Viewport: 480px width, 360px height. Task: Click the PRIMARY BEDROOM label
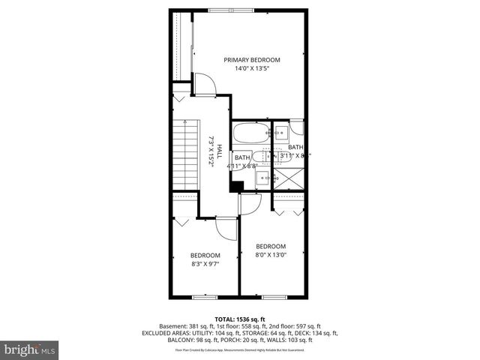pos(251,60)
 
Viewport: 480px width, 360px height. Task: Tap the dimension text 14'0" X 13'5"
pos(251,68)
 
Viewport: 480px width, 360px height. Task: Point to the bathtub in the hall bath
pos(250,135)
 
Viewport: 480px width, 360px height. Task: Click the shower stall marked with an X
pos(289,179)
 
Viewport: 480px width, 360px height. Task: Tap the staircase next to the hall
pos(184,155)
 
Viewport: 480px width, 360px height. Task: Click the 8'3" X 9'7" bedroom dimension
pos(205,263)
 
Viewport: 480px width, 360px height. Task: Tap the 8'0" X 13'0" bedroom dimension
pos(271,255)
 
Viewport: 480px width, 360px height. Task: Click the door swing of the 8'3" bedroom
pos(226,228)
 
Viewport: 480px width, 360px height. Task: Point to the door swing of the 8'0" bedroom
pos(249,202)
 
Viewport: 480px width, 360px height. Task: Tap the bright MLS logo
pos(30,349)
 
